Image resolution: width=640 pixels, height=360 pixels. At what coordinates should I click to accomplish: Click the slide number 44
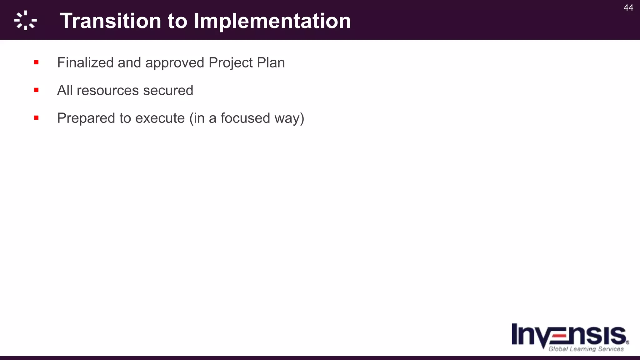[628, 8]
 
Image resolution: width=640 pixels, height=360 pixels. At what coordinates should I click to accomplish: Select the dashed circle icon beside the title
[26, 21]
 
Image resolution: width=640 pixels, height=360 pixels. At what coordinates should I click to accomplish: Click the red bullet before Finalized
[36, 62]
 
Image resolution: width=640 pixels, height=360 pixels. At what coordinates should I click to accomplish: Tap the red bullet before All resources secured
[36, 90]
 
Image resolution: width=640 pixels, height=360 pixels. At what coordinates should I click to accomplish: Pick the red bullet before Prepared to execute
[36, 118]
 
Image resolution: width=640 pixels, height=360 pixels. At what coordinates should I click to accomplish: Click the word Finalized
[85, 62]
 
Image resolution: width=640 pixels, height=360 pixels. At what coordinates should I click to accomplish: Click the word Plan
[271, 62]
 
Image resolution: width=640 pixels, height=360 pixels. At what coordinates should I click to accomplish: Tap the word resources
[108, 91]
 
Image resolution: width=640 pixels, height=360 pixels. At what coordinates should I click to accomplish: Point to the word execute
[160, 118]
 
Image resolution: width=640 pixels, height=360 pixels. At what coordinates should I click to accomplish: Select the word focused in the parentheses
[245, 118]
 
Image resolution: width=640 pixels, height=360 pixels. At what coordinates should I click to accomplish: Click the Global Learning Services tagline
[586, 349]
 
